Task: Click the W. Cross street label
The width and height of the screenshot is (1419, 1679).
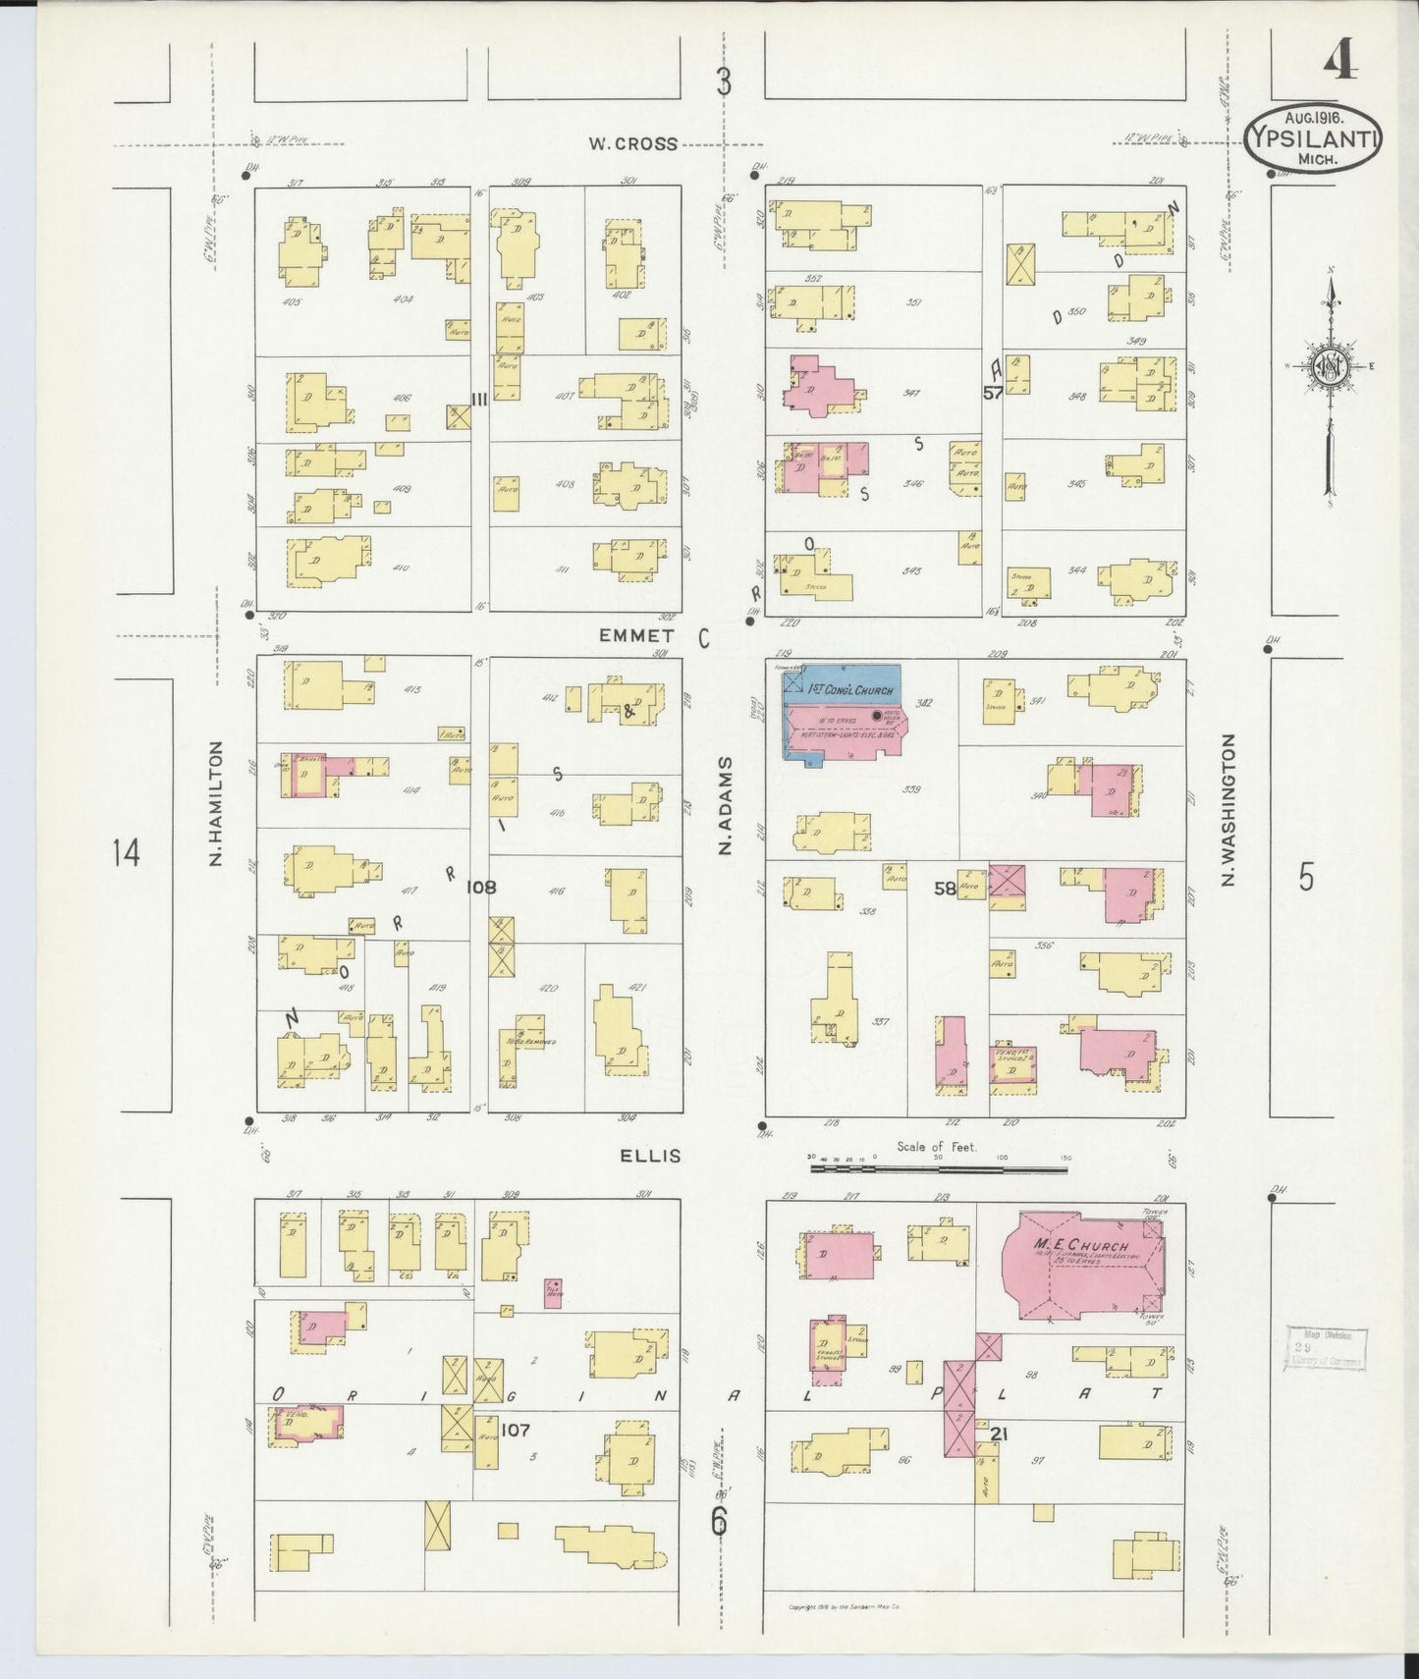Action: (x=632, y=143)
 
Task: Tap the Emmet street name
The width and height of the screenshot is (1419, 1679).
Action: (x=635, y=636)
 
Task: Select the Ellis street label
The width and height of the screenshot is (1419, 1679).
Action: (x=649, y=1156)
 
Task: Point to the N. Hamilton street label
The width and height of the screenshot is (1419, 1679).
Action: (x=216, y=804)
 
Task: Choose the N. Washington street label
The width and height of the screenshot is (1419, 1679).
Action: (x=1227, y=809)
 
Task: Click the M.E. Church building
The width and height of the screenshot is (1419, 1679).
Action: (x=1090, y=1267)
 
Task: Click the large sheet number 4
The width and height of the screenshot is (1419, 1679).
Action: (x=1339, y=62)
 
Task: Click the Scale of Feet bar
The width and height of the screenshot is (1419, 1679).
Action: (x=938, y=1169)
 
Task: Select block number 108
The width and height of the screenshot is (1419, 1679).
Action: (x=481, y=887)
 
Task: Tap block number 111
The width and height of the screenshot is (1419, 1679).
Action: (x=479, y=399)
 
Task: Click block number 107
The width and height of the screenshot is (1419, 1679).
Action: (x=516, y=1431)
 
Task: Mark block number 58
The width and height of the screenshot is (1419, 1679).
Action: (x=945, y=888)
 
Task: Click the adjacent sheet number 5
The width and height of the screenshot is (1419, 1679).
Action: (x=1305, y=877)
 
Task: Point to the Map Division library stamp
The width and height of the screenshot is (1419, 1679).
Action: (x=1325, y=1348)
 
